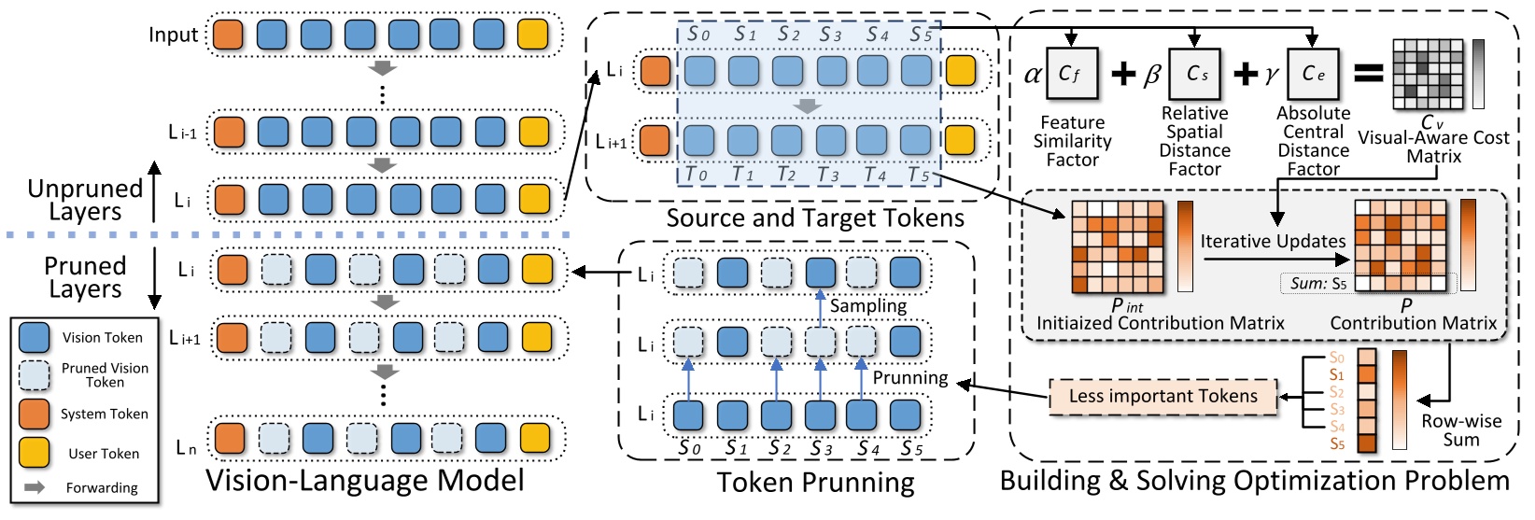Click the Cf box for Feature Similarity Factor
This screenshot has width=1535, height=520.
click(x=1071, y=74)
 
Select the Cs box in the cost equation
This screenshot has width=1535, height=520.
click(x=1195, y=74)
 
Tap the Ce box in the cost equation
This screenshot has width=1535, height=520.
click(x=1313, y=74)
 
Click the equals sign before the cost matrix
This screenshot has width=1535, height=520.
click(x=1368, y=74)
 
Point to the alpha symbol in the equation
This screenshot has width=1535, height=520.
click(x=1033, y=75)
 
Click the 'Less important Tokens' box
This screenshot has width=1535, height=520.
click(x=1162, y=397)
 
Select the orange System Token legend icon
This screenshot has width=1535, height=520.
click(x=35, y=414)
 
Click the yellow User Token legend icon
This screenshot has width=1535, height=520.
click(x=35, y=453)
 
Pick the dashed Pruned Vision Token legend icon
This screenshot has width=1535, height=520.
click(x=35, y=374)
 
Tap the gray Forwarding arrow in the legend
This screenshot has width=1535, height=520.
click(x=35, y=487)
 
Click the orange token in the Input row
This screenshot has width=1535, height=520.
click(x=228, y=35)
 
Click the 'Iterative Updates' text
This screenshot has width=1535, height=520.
click(x=1273, y=241)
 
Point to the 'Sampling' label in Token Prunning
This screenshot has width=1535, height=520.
click(x=867, y=305)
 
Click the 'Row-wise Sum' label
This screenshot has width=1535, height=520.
click(x=1461, y=430)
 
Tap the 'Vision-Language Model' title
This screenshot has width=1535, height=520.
click(x=364, y=481)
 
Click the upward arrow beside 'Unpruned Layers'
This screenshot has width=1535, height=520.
click(x=155, y=191)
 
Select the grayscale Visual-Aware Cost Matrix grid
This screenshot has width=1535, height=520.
click(x=1428, y=75)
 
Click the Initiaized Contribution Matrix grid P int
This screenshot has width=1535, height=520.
click(x=1118, y=246)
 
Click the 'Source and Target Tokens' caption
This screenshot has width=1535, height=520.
click(x=815, y=218)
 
